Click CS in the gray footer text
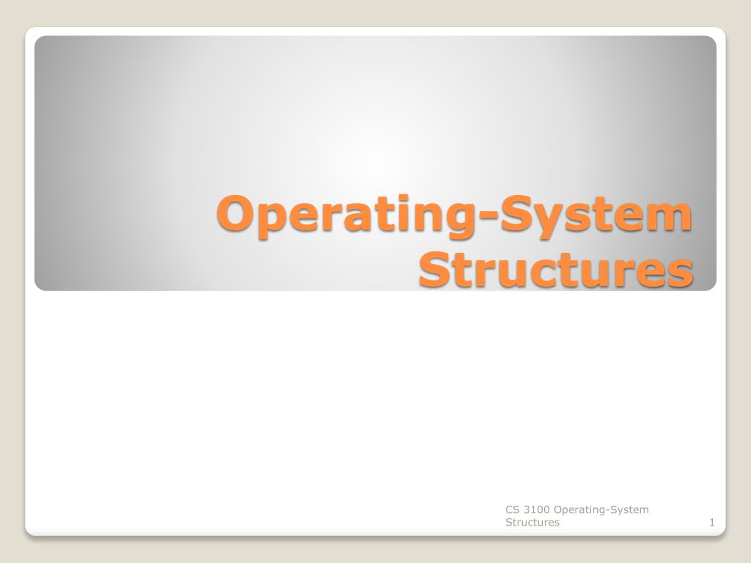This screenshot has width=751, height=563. tap(512, 509)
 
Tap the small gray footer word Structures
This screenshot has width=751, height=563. tap(532, 523)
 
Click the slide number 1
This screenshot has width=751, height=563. tap(711, 523)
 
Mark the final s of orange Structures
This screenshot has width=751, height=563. tap(681, 273)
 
